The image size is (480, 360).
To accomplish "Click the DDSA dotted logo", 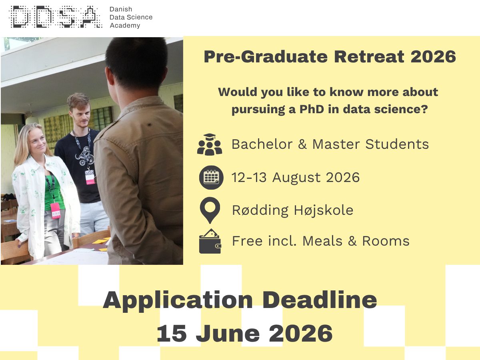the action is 56,17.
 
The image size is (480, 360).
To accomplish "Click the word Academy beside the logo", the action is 125,26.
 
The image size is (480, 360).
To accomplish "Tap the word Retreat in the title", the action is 369,57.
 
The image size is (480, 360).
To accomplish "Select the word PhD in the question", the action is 312,109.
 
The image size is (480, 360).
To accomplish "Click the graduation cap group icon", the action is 210,144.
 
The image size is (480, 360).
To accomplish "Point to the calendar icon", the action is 211,177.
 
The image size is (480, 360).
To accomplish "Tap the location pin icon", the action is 210,210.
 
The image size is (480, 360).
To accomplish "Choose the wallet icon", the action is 210,241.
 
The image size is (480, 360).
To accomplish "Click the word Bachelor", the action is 262,144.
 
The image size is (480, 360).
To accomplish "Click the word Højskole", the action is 324,210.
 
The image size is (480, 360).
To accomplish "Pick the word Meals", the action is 322,241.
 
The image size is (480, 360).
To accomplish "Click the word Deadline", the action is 320,300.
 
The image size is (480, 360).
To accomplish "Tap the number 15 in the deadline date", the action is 172,334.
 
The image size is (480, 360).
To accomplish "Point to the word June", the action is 228,334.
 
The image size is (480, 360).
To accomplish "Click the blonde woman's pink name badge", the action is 55,211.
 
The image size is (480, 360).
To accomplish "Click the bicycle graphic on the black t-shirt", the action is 85,156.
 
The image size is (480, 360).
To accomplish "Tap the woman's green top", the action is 54,192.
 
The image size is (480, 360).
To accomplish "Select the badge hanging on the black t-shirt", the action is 90,177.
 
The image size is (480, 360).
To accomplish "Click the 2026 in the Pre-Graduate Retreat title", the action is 433,57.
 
